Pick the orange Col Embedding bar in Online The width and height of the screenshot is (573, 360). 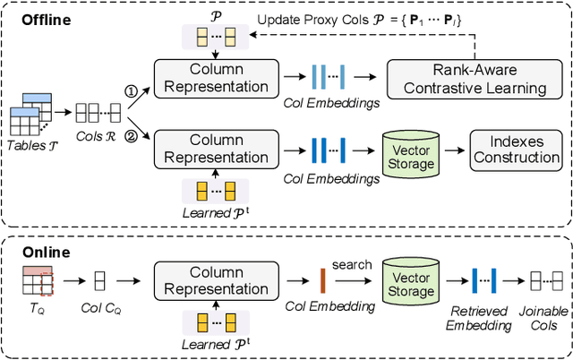pos(322,279)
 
